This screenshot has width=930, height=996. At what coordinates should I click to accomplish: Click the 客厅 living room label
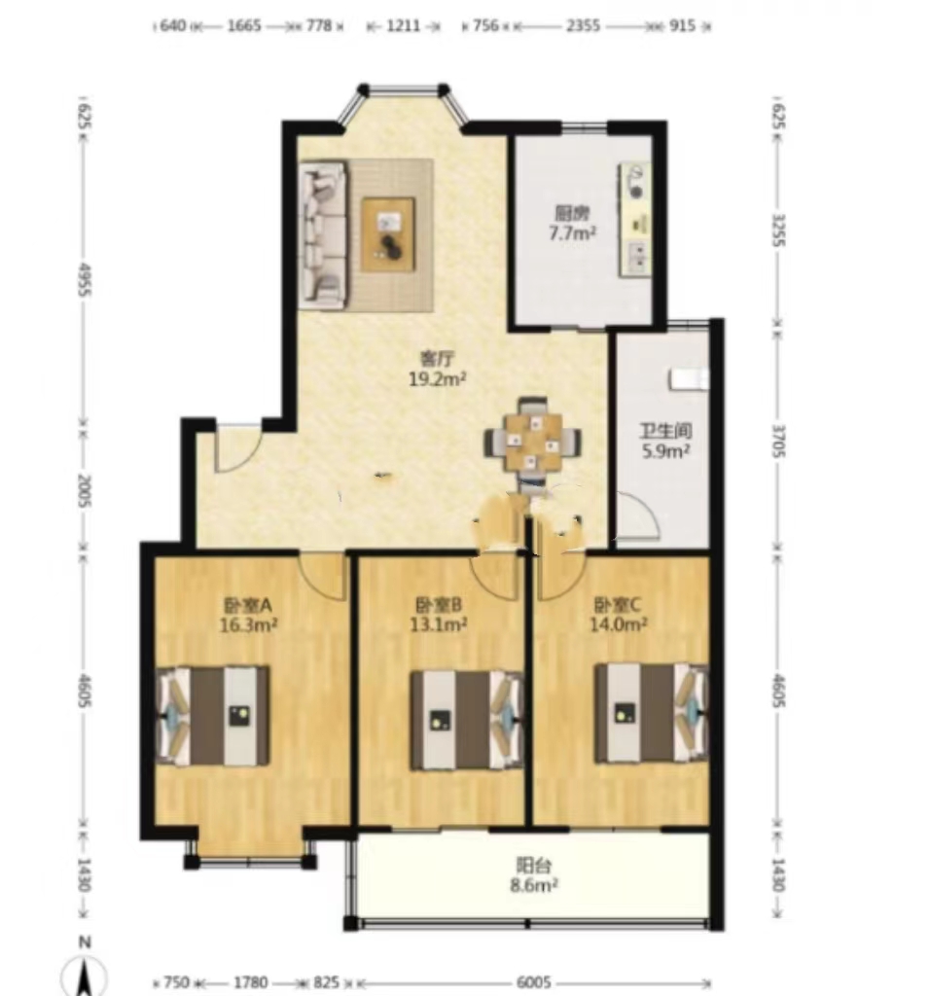(x=438, y=359)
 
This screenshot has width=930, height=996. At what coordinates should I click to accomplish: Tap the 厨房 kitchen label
(x=572, y=213)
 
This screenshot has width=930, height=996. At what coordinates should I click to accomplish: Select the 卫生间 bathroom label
(x=665, y=431)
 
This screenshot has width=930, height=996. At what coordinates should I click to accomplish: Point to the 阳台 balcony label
(x=534, y=865)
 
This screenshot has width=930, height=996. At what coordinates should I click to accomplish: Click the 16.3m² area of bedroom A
(x=248, y=625)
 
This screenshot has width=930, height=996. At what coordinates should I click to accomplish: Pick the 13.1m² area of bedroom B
(x=439, y=625)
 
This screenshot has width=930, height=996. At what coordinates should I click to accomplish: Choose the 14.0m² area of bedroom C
(x=619, y=624)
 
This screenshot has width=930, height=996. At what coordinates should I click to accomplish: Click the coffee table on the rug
(x=388, y=234)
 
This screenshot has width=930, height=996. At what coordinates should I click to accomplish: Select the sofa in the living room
(x=323, y=235)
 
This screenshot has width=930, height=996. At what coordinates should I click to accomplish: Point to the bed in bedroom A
(x=213, y=716)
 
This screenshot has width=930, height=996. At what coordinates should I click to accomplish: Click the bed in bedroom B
(x=466, y=721)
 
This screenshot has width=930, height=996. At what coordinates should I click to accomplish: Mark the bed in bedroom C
(x=651, y=713)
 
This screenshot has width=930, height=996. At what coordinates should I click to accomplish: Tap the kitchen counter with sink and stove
(x=635, y=220)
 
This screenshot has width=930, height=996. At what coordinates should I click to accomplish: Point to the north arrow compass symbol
(x=84, y=969)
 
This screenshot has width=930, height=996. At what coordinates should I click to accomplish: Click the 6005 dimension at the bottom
(x=534, y=982)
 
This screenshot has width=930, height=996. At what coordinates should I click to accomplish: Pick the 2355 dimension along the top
(x=583, y=26)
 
